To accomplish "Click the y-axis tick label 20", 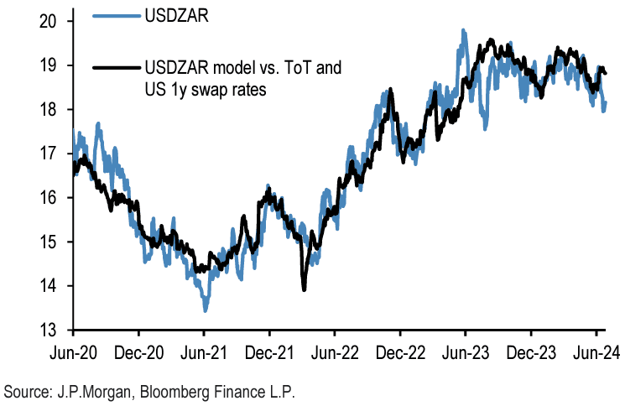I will (54, 21).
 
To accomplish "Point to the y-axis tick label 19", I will (54, 65).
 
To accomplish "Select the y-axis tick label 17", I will (54, 154).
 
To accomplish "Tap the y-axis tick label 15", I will (54, 242).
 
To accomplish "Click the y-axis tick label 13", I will (54, 330).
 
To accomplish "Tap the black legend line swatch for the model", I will (114, 67).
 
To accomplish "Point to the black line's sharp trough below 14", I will (304, 289).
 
